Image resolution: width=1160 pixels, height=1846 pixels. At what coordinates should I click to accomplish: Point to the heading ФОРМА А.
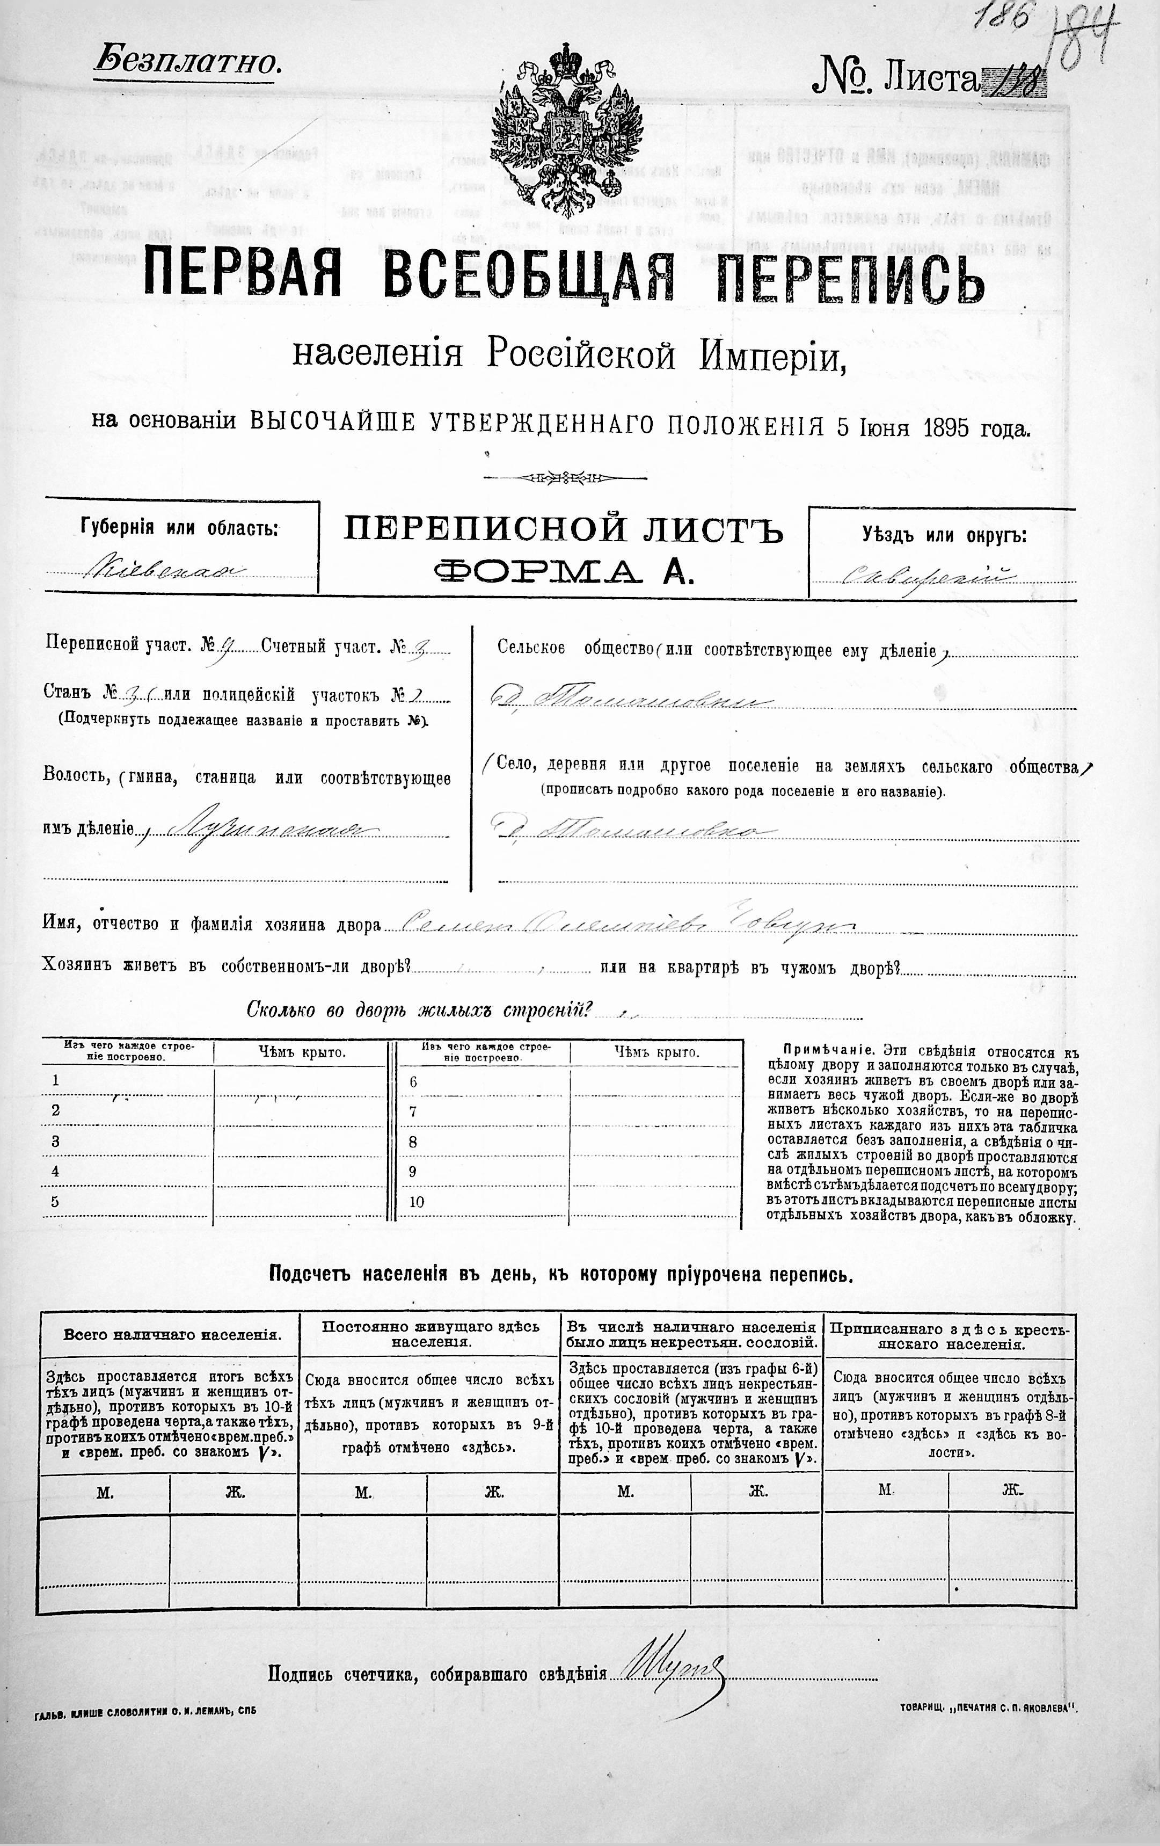(563, 570)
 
